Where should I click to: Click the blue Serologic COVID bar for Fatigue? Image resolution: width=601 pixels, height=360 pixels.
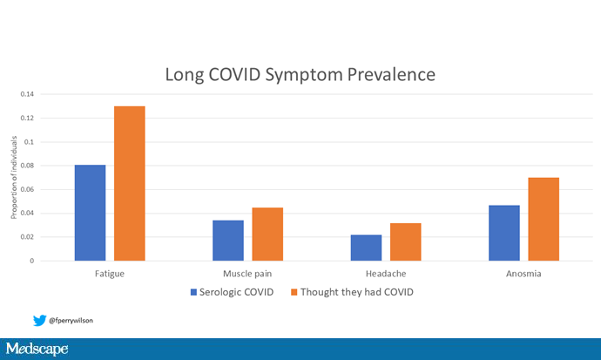tap(90, 213)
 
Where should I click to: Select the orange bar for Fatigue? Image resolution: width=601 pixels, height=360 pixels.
tap(130, 183)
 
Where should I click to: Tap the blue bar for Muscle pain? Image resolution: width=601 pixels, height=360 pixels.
tap(228, 241)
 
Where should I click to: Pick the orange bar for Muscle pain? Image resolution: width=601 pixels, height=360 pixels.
tap(267, 234)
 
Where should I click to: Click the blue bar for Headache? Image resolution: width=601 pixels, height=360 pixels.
tap(366, 248)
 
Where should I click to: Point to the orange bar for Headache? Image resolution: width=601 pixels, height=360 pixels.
tap(405, 241)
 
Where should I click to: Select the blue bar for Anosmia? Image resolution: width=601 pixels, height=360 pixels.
tap(504, 233)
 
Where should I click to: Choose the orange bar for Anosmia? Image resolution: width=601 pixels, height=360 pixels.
tap(544, 219)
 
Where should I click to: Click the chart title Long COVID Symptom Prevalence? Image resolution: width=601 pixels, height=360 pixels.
tap(300, 75)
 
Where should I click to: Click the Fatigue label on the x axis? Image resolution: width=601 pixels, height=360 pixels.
tap(109, 274)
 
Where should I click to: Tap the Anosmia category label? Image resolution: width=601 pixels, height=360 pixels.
tap(523, 274)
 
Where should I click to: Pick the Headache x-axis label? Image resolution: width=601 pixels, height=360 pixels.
tap(386, 274)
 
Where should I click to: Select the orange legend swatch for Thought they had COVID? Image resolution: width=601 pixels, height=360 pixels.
tap(292, 292)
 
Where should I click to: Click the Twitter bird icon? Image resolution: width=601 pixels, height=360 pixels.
tap(39, 320)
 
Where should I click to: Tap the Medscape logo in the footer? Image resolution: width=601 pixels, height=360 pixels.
tap(37, 350)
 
